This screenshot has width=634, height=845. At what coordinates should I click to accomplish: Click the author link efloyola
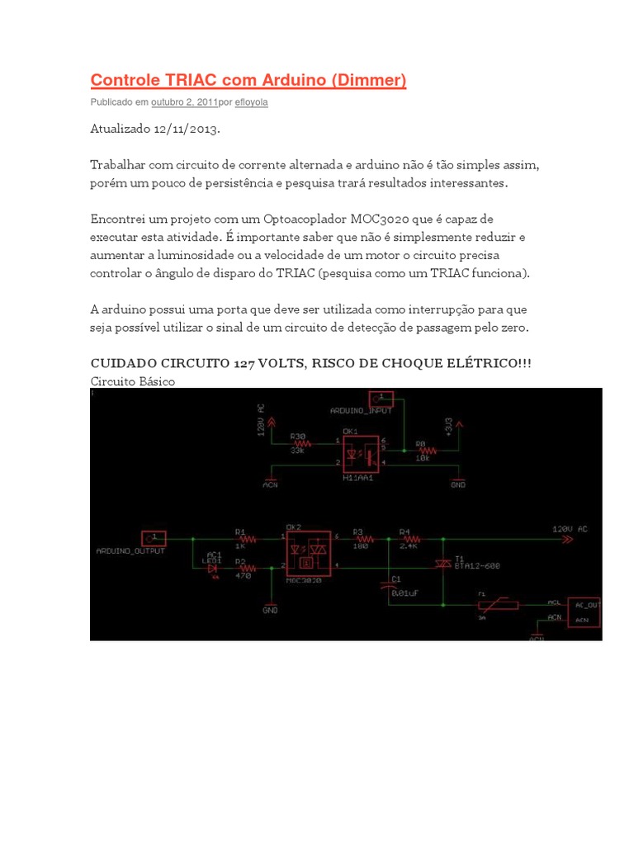click(x=251, y=102)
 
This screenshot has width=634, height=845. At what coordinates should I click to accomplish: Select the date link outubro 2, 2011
click(x=184, y=102)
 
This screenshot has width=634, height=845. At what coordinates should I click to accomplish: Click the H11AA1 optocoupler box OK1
click(x=360, y=452)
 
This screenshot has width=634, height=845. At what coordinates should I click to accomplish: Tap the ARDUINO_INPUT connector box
click(x=381, y=399)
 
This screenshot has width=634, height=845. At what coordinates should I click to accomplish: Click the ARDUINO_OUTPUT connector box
click(x=154, y=538)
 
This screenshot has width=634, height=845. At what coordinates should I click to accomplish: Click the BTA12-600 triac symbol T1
click(x=442, y=564)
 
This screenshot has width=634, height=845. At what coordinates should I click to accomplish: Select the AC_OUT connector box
click(x=584, y=611)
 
